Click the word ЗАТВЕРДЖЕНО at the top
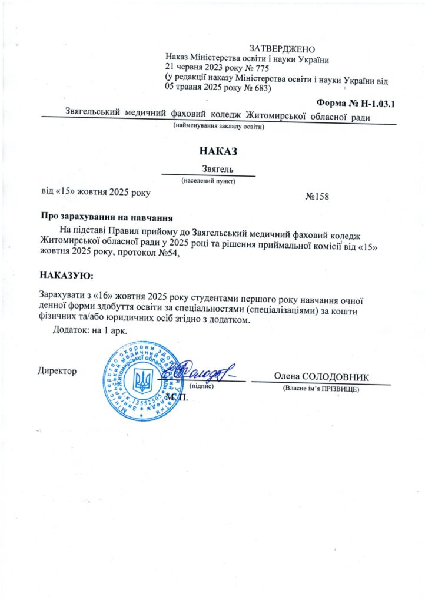point(283,48)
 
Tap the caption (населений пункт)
point(208,181)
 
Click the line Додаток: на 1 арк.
point(90,330)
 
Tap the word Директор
point(57,371)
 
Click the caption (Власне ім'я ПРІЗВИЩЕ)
point(321,389)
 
